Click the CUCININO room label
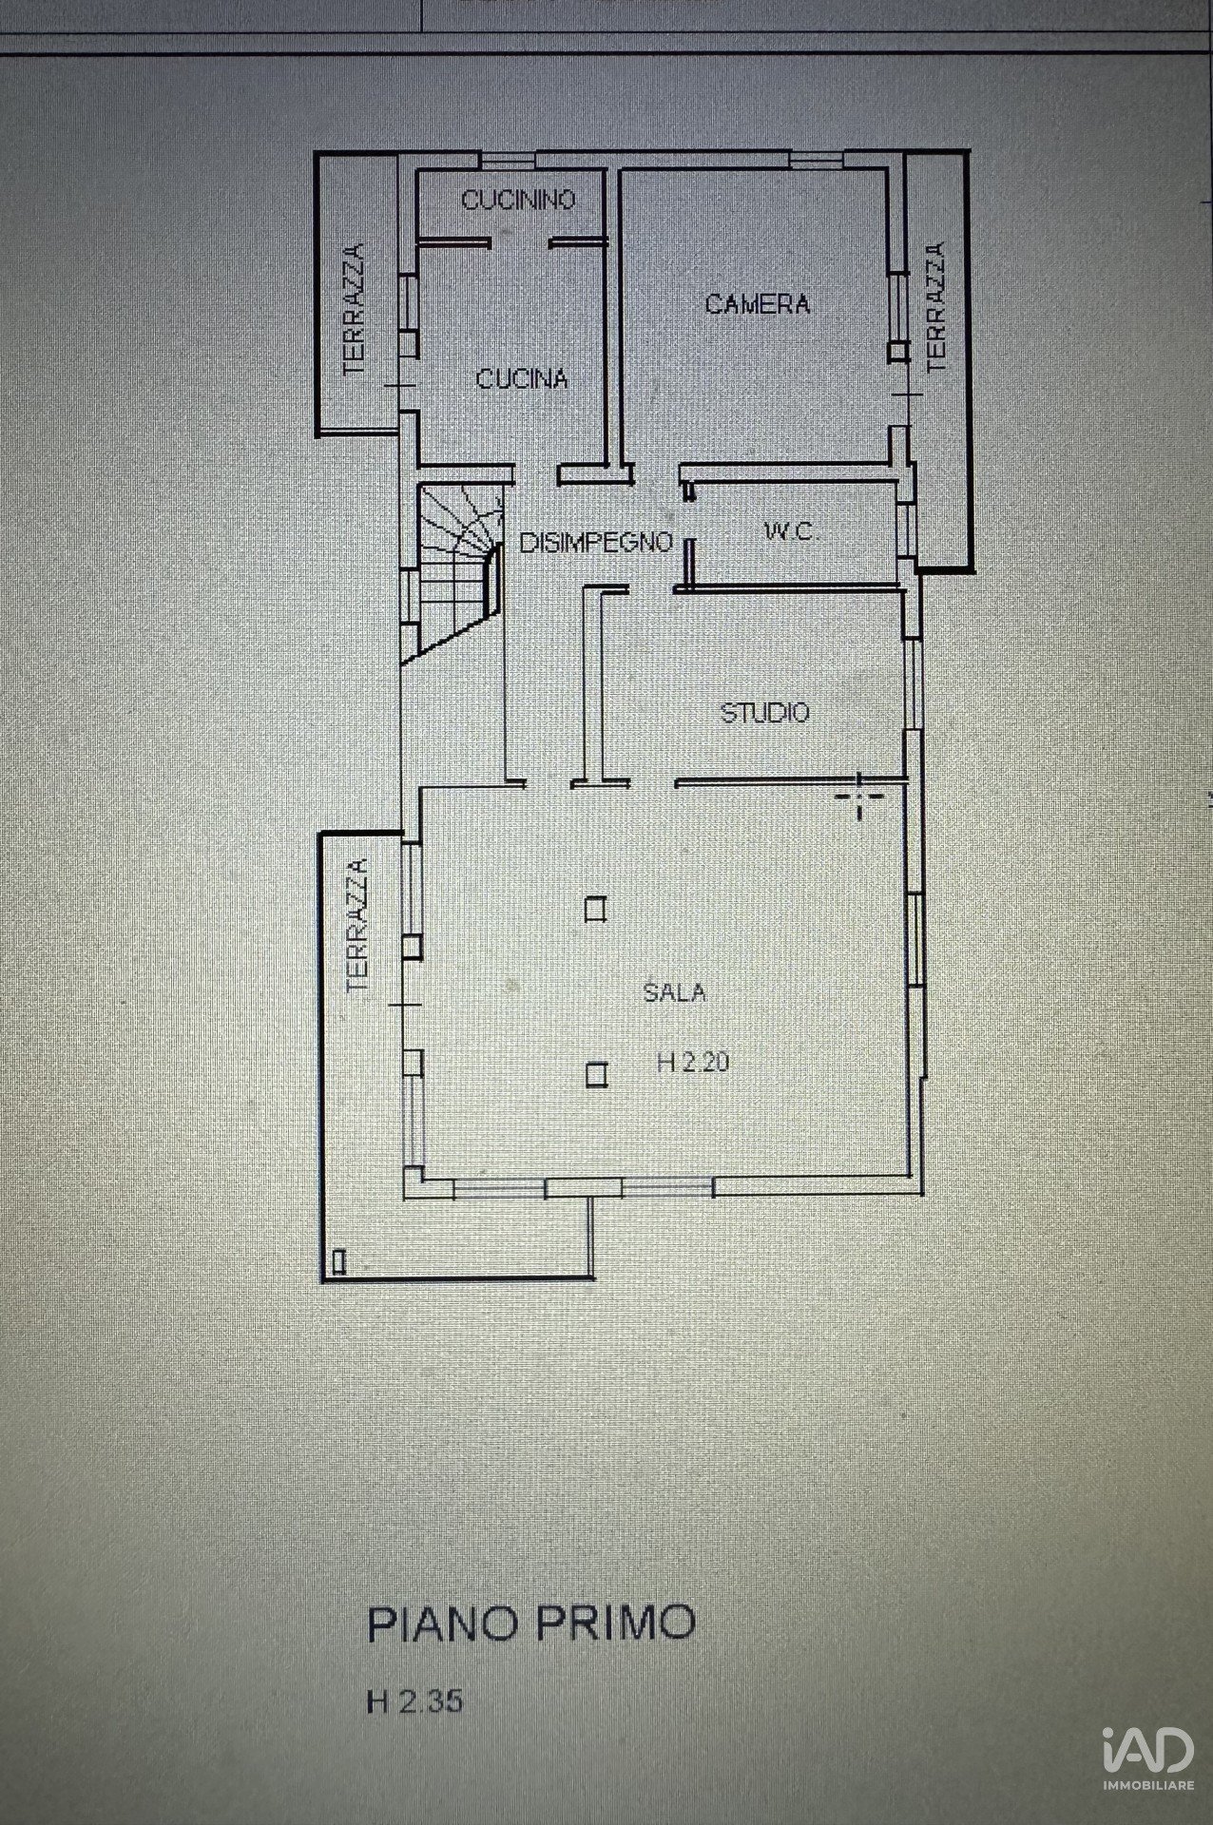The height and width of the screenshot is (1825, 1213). click(x=518, y=200)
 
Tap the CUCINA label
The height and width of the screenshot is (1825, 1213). click(x=522, y=379)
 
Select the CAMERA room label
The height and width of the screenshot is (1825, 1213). click(x=758, y=304)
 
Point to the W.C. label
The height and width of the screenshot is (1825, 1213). click(x=791, y=532)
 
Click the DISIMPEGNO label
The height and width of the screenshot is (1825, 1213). click(x=596, y=543)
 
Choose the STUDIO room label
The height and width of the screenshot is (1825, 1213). click(x=764, y=712)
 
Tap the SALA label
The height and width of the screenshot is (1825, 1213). click(x=674, y=992)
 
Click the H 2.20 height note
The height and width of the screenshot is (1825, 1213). click(x=693, y=1063)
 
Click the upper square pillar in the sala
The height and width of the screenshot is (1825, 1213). click(x=596, y=911)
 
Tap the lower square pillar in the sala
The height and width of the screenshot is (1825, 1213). click(x=596, y=1075)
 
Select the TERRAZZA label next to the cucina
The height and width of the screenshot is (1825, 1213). click(x=354, y=309)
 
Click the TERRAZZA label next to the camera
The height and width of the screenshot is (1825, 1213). click(x=936, y=307)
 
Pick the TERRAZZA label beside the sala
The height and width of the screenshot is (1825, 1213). click(x=356, y=926)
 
